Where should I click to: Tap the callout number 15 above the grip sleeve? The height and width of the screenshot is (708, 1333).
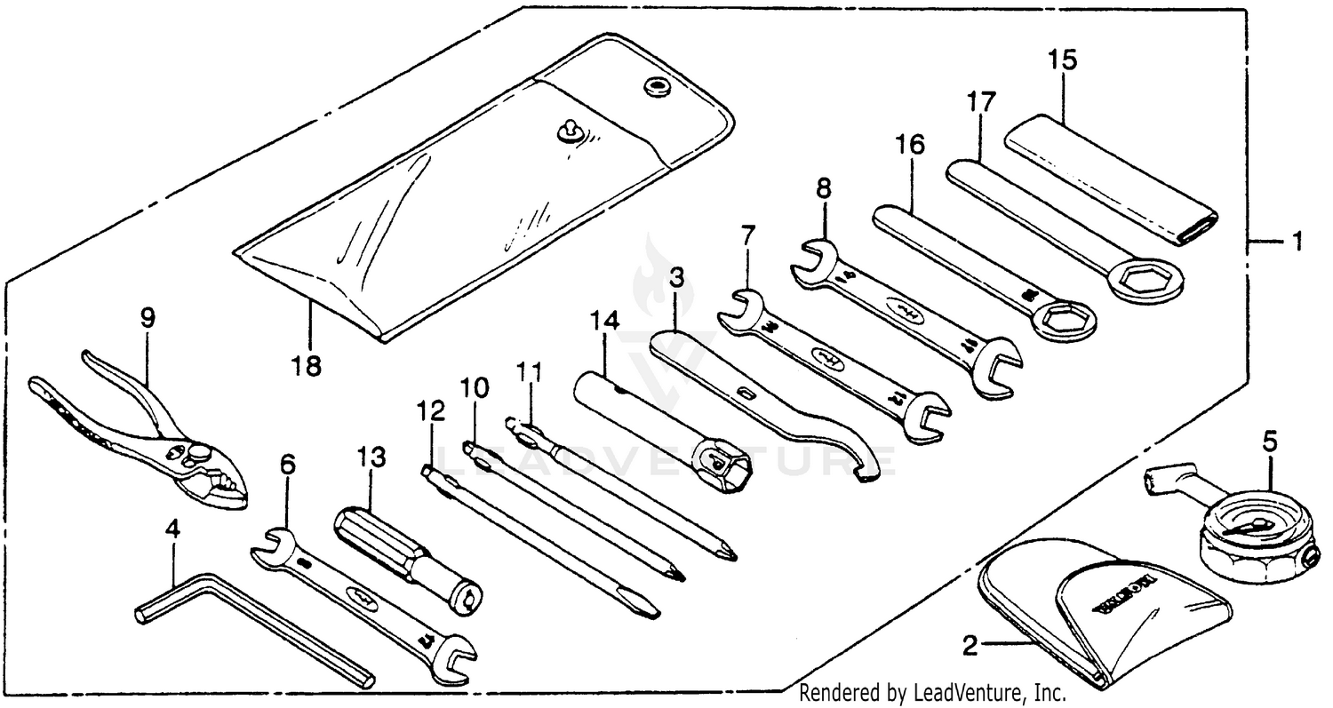click(x=1062, y=60)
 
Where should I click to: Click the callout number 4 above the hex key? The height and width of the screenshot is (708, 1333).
click(x=172, y=529)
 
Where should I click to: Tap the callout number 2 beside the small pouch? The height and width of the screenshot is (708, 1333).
click(x=970, y=645)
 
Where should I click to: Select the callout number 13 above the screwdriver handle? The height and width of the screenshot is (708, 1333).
click(x=372, y=458)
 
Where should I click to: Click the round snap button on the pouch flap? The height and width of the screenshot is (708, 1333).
click(x=659, y=87)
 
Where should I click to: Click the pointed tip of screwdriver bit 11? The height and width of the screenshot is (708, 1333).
click(x=730, y=557)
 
